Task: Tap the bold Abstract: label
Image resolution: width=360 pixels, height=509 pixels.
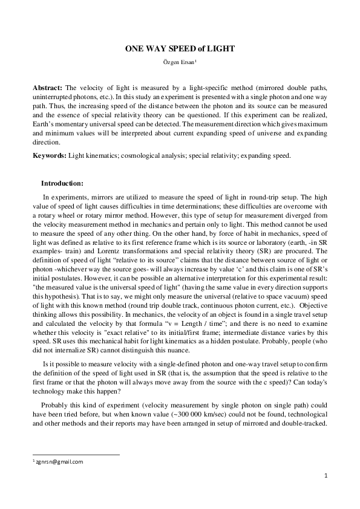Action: point(47,88)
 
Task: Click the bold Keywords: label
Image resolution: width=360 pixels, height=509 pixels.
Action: point(49,155)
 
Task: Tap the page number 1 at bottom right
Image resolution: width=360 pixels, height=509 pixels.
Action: point(326,476)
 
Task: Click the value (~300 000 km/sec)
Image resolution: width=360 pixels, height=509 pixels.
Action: point(235,416)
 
